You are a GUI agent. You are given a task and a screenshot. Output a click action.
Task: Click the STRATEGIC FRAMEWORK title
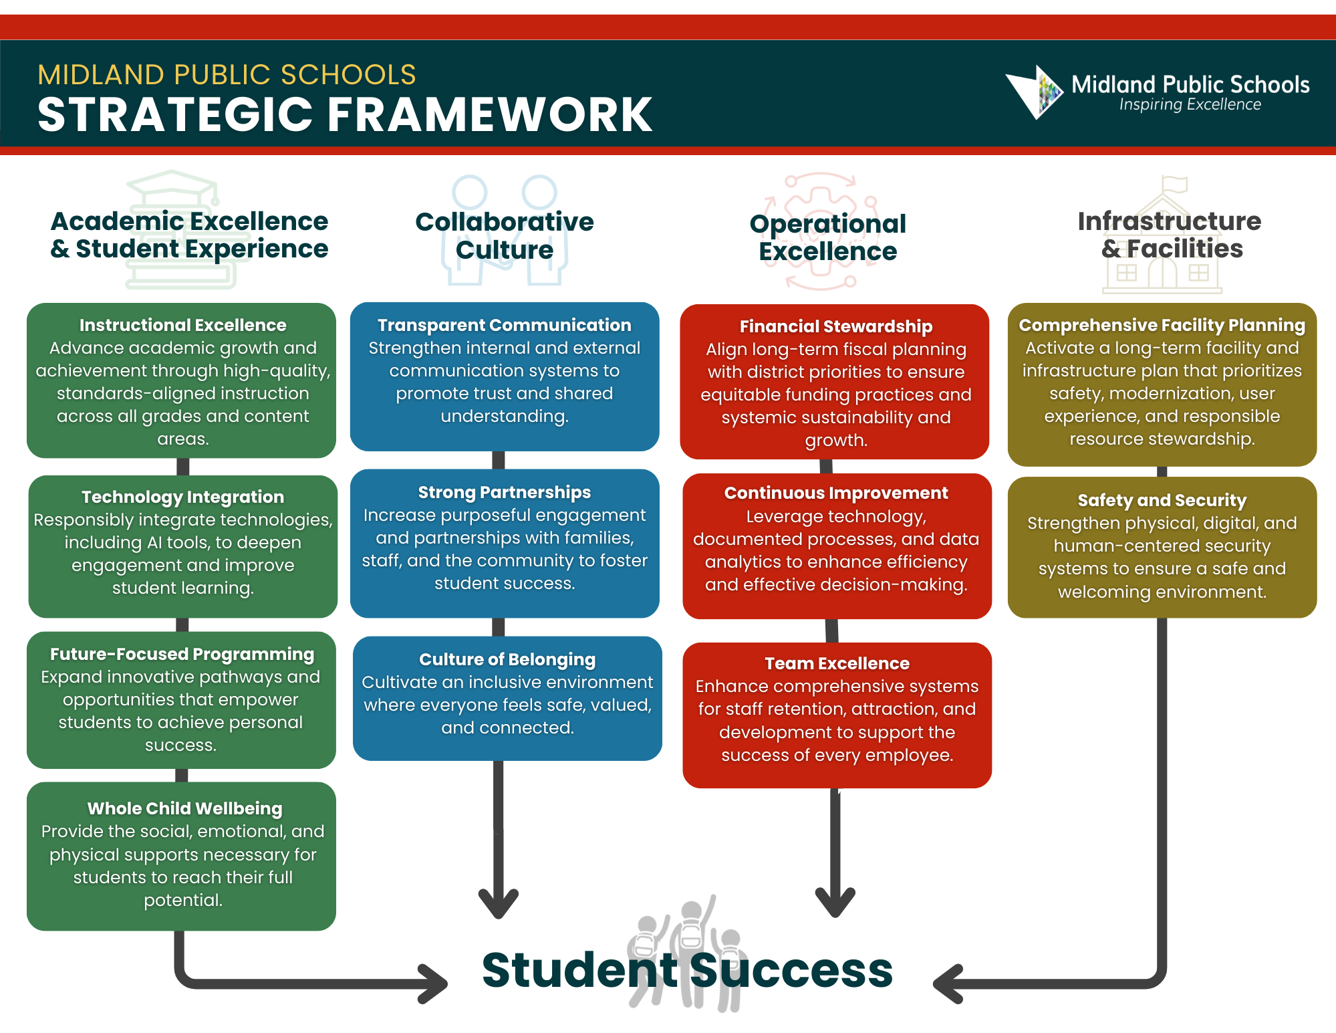[x=345, y=115]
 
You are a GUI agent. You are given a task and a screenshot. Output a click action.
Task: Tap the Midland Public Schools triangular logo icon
[x=1035, y=92]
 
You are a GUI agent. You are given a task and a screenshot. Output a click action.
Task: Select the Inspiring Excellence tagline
[x=1190, y=105]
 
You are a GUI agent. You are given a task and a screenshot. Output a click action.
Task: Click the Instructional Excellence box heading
[x=182, y=325]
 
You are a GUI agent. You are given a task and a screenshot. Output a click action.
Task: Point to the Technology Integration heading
[x=182, y=497]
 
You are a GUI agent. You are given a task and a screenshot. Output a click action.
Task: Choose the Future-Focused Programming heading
[x=182, y=654]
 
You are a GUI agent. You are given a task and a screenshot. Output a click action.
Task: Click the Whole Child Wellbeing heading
[x=184, y=808]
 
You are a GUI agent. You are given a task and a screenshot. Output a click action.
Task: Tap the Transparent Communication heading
[x=504, y=325]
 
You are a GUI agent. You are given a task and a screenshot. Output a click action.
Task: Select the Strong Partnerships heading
[x=504, y=492]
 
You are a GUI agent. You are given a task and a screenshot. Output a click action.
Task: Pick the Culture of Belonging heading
[x=507, y=659]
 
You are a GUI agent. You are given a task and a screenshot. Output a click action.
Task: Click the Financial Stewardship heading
[x=835, y=326]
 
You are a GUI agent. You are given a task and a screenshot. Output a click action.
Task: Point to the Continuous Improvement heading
[x=835, y=493]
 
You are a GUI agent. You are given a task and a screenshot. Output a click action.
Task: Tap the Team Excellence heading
[x=837, y=663]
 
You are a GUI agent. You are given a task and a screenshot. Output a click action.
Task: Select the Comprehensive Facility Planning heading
[x=1162, y=325]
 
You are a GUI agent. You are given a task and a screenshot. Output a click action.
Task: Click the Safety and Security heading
[x=1162, y=500]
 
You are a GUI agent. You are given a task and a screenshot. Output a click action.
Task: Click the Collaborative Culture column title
[x=504, y=235]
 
